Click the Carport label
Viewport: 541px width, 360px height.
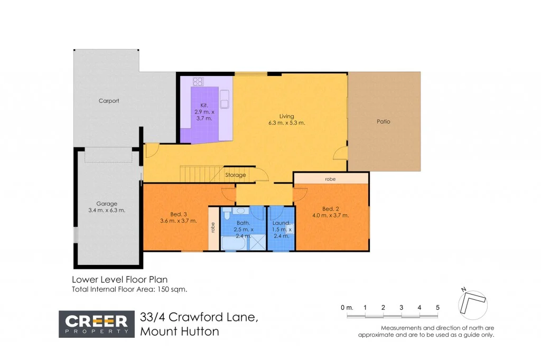(x=109, y=101)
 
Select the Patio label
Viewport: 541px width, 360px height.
(x=384, y=121)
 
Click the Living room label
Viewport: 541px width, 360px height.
(x=287, y=116)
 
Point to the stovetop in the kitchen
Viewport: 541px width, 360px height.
(x=198, y=82)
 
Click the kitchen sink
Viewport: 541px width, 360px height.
(x=225, y=97)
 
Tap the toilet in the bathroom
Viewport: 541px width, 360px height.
(x=226, y=214)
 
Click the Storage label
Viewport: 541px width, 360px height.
(x=236, y=175)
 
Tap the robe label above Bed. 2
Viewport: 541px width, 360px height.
(x=330, y=179)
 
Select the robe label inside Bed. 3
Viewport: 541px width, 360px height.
(x=213, y=228)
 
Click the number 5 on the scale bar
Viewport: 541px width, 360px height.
(x=437, y=307)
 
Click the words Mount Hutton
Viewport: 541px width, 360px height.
(x=179, y=331)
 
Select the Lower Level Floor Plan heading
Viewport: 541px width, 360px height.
(x=120, y=280)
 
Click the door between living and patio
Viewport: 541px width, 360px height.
(x=341, y=154)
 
